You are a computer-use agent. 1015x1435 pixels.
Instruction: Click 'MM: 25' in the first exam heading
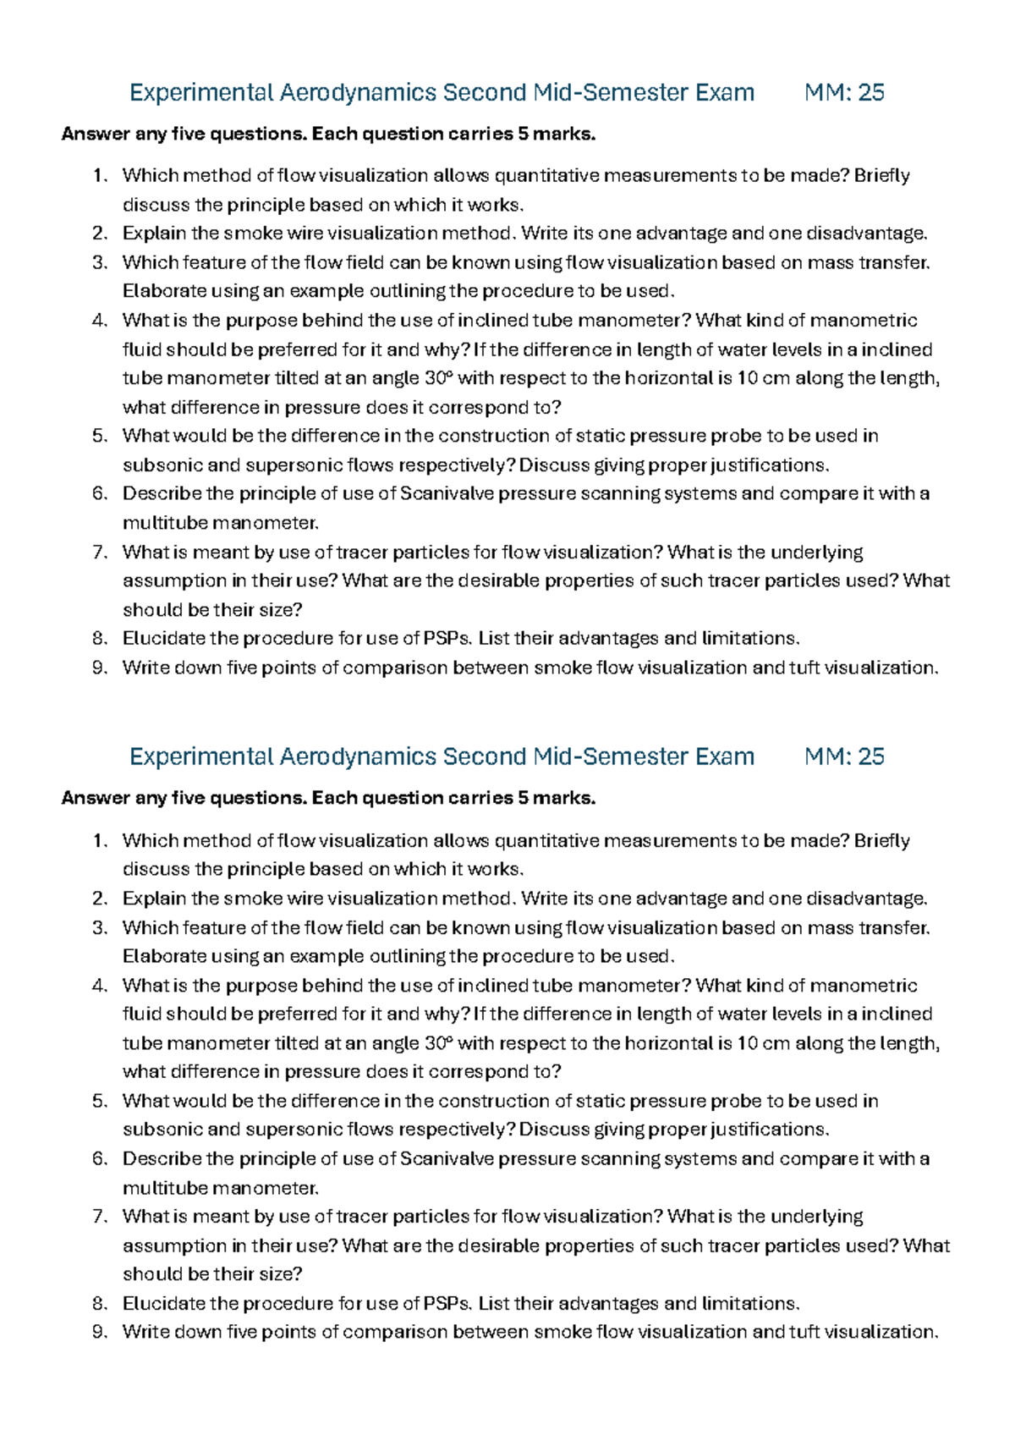tap(844, 92)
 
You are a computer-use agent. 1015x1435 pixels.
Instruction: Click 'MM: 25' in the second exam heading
tap(844, 756)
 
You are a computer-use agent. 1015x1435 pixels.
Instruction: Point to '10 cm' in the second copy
tap(763, 1043)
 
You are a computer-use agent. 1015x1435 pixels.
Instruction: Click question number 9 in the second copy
tap(100, 1332)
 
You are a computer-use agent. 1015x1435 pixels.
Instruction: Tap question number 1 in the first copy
tap(100, 176)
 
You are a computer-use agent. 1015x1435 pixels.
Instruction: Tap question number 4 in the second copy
tap(100, 986)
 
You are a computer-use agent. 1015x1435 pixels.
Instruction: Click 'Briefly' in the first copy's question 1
tap(882, 176)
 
